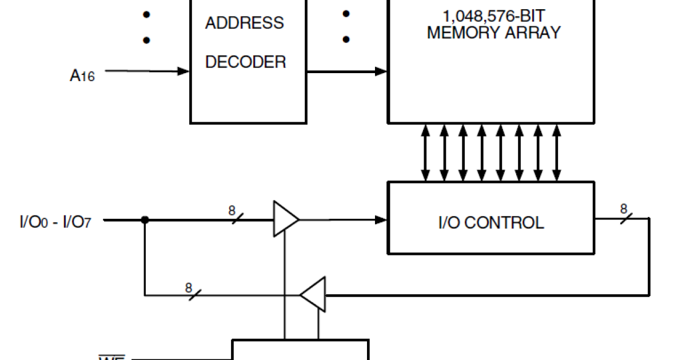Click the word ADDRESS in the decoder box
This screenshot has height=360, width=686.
(x=244, y=23)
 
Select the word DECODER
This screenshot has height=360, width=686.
(x=245, y=62)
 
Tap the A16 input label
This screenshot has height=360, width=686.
(x=82, y=75)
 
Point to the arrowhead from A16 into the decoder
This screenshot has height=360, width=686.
(x=184, y=71)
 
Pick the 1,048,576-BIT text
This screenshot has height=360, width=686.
(x=493, y=15)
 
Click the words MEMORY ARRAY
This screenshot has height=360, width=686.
(x=493, y=33)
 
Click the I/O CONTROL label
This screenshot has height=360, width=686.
(x=491, y=222)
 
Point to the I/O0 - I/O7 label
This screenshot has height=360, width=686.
(x=55, y=221)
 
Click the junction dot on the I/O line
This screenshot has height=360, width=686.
(x=145, y=219)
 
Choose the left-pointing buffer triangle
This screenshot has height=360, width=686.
(x=314, y=295)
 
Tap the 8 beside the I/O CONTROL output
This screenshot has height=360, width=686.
(x=624, y=209)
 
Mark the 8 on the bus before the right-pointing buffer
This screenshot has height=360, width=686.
(x=232, y=211)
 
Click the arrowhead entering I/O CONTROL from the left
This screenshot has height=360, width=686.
(x=381, y=219)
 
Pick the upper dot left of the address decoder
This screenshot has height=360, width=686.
(x=146, y=14)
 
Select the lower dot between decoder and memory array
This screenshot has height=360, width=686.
(x=346, y=40)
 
